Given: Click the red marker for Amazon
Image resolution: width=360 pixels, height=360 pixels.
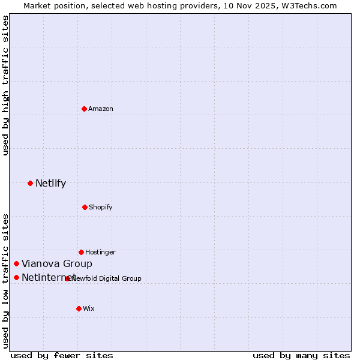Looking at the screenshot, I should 85,109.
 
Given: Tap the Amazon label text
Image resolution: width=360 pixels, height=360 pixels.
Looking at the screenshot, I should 101,109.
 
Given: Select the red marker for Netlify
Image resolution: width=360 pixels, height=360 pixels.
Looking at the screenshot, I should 31,183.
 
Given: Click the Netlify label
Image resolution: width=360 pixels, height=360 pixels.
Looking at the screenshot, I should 50,183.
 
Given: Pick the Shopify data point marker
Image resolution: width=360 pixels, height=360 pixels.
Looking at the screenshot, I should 85,207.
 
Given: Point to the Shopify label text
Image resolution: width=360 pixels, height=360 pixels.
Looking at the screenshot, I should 101,207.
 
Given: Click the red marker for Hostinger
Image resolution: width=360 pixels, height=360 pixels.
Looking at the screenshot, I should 81,252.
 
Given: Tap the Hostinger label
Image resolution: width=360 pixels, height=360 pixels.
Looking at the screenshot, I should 100,252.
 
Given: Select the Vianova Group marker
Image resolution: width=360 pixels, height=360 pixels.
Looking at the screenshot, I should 17,263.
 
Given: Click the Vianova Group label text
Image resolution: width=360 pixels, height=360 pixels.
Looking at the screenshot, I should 57,263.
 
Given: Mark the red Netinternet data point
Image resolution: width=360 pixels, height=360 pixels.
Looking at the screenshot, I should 17,277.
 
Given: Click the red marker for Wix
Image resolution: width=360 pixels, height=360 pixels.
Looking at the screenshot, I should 79,308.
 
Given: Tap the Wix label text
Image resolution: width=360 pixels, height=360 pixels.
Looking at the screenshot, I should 89,308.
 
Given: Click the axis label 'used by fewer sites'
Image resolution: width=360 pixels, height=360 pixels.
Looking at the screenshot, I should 62,355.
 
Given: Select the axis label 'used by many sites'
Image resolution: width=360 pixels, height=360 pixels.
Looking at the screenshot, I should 301,355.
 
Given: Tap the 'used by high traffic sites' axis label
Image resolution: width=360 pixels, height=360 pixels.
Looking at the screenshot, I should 5,85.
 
